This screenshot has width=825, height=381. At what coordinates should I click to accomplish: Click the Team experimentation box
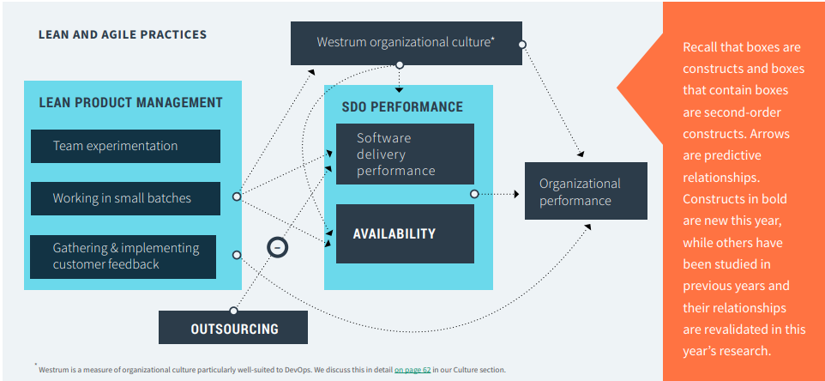coord(125,146)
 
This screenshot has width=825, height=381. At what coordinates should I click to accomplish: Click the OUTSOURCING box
coord(233,328)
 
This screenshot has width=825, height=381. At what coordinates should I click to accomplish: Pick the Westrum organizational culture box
coord(405,42)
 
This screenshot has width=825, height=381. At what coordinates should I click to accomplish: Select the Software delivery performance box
coord(404,154)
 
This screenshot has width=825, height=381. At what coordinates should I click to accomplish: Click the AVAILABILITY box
coord(404,233)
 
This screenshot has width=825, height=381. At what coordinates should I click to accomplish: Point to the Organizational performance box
coord(586,191)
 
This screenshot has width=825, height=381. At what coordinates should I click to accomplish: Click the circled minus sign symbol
coord(278,247)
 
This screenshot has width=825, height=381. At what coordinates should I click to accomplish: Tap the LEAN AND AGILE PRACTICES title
coord(123,35)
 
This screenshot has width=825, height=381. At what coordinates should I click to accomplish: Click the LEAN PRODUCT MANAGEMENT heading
coord(130,103)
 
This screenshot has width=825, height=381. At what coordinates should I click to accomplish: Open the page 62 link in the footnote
coord(411,370)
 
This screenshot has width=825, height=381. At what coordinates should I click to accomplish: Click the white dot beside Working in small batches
coord(237,197)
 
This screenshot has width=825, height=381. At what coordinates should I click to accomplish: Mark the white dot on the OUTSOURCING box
coord(233,311)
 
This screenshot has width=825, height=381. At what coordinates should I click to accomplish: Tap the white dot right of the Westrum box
coord(522,44)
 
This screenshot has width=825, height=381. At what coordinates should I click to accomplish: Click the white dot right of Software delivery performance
coord(474,194)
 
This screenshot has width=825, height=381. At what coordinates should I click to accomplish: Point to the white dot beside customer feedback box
coord(237,255)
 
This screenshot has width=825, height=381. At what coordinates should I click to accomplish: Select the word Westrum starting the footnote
coord(54,370)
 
